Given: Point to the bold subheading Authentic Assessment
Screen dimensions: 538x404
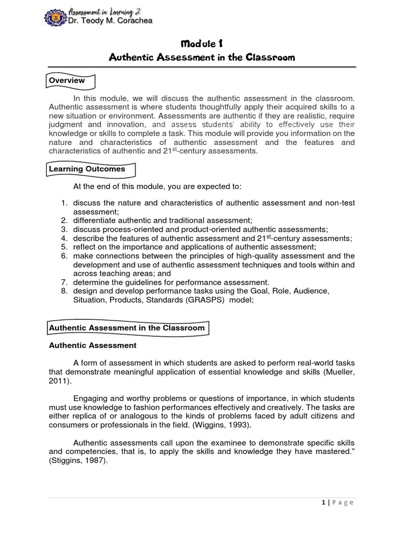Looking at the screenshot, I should [93, 345].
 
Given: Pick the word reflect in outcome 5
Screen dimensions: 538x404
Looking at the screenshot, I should [84, 246].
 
